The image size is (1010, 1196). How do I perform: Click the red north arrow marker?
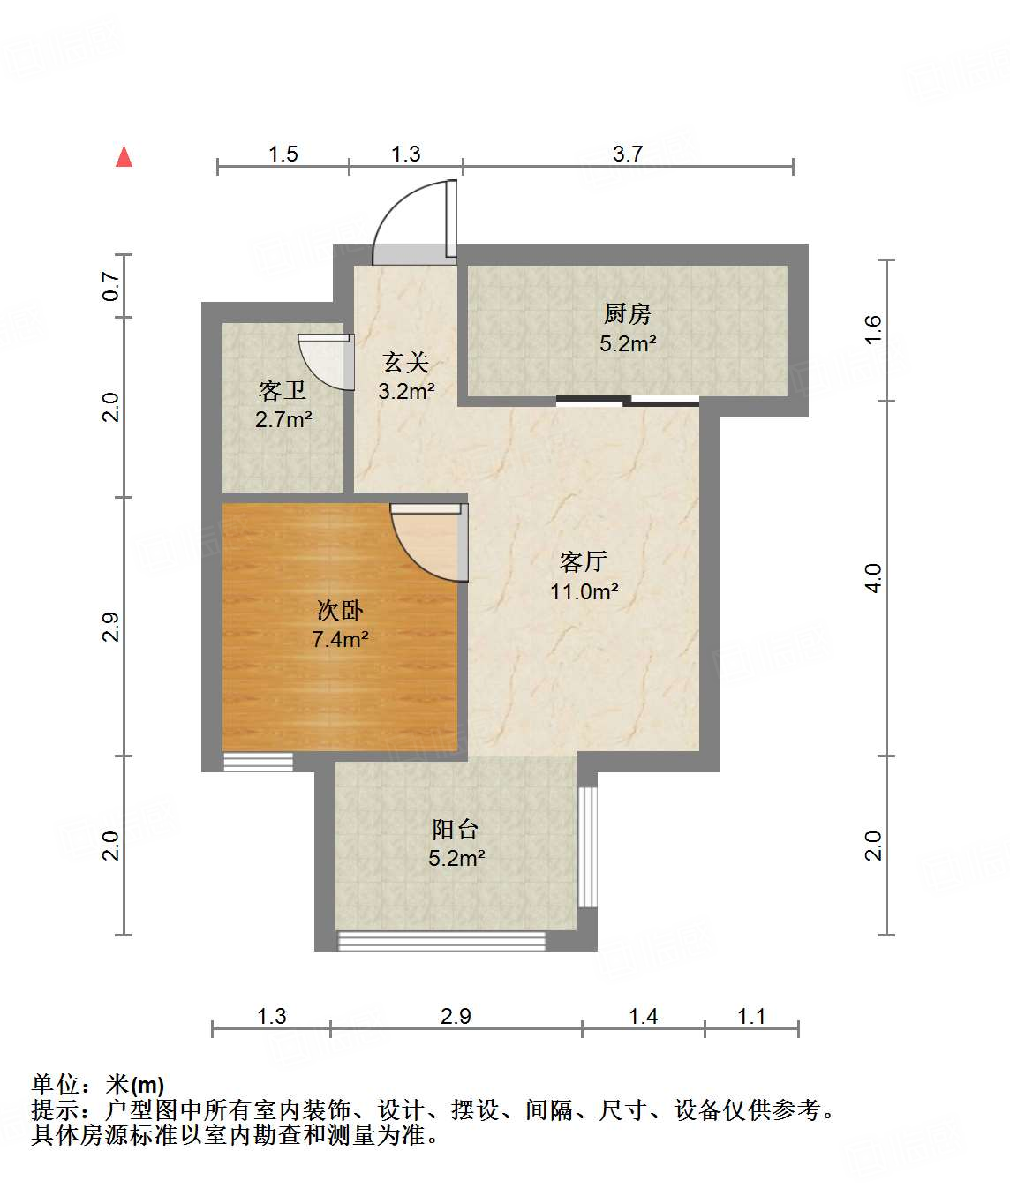coord(124,157)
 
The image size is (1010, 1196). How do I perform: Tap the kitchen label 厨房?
coord(627,313)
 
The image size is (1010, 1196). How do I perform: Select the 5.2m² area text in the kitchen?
coord(628,343)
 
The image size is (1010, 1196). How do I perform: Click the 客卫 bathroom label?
coord(283,390)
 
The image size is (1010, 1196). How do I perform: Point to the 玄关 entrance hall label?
coord(406,362)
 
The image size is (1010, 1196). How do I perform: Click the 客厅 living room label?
coord(584,561)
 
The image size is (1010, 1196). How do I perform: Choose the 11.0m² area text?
coord(584,591)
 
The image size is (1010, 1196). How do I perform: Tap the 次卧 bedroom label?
coord(340,610)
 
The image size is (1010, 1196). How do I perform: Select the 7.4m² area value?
coord(340,639)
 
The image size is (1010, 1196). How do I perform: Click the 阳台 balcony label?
coord(456,829)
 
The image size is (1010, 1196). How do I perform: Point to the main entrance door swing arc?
coord(409,221)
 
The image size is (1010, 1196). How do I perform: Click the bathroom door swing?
coord(322,361)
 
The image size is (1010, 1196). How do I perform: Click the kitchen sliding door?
coord(628,402)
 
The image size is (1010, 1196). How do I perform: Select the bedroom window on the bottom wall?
coord(258,761)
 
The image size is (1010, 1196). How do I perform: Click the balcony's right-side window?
coord(587,846)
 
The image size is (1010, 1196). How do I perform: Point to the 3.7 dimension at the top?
coord(628,154)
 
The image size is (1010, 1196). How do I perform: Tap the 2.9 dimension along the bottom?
coord(456,1016)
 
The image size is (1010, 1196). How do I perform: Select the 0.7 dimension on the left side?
coord(111,286)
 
